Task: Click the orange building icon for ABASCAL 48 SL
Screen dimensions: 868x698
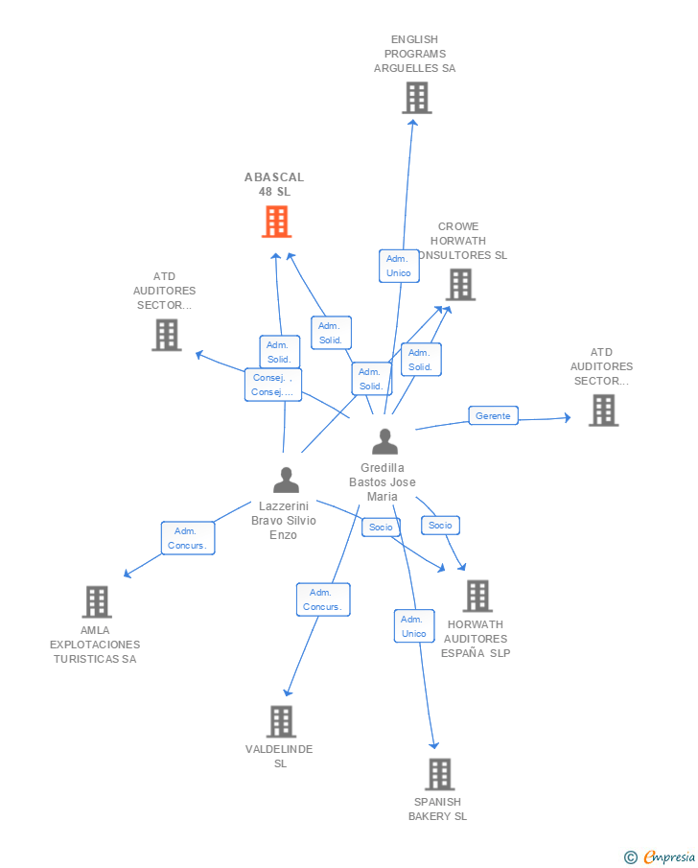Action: (276, 223)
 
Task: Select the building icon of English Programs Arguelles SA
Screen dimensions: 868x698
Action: (416, 98)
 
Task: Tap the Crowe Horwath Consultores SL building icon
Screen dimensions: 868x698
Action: (460, 285)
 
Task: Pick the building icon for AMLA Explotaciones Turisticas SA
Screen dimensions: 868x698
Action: (97, 602)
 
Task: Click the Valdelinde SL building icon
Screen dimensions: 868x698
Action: (281, 721)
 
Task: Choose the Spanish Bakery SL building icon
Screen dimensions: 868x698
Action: (439, 774)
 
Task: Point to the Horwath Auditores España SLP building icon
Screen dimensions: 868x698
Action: (477, 596)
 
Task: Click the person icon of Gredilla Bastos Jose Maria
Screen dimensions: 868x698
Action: (384, 441)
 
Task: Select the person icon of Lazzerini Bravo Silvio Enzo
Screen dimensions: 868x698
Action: (286, 480)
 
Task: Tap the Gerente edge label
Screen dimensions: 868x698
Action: (493, 416)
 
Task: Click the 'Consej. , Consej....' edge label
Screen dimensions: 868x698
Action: (273, 385)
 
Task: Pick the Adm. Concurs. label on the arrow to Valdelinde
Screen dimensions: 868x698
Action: (323, 599)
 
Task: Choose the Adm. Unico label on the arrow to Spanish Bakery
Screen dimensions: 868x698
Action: (414, 626)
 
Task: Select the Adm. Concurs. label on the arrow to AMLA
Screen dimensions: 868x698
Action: (188, 538)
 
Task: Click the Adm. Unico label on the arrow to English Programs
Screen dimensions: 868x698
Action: (399, 266)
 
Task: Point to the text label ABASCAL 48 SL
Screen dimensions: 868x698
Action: (274, 184)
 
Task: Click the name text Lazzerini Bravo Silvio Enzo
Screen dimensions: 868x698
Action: (284, 520)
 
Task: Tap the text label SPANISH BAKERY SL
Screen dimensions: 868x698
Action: (438, 809)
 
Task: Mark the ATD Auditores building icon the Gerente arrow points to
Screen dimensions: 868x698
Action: (603, 411)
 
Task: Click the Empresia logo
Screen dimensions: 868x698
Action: (661, 856)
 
